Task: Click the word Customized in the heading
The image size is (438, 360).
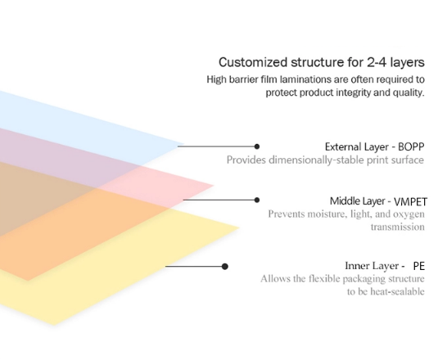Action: click(253, 62)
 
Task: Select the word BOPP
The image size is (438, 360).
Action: click(411, 146)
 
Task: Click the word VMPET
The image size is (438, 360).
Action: click(410, 201)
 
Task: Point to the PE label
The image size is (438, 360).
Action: click(418, 266)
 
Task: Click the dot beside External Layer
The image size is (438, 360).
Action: click(257, 146)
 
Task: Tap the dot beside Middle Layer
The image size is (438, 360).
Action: click(257, 200)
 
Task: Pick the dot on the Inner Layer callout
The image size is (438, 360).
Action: click(225, 267)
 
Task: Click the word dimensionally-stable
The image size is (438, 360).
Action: click(316, 160)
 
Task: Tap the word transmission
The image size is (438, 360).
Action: click(398, 227)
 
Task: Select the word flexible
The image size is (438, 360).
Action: click(324, 278)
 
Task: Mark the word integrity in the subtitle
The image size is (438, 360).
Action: click(353, 92)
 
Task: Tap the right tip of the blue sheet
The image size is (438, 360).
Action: click(184, 145)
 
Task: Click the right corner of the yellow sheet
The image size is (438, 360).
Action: click(240, 227)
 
